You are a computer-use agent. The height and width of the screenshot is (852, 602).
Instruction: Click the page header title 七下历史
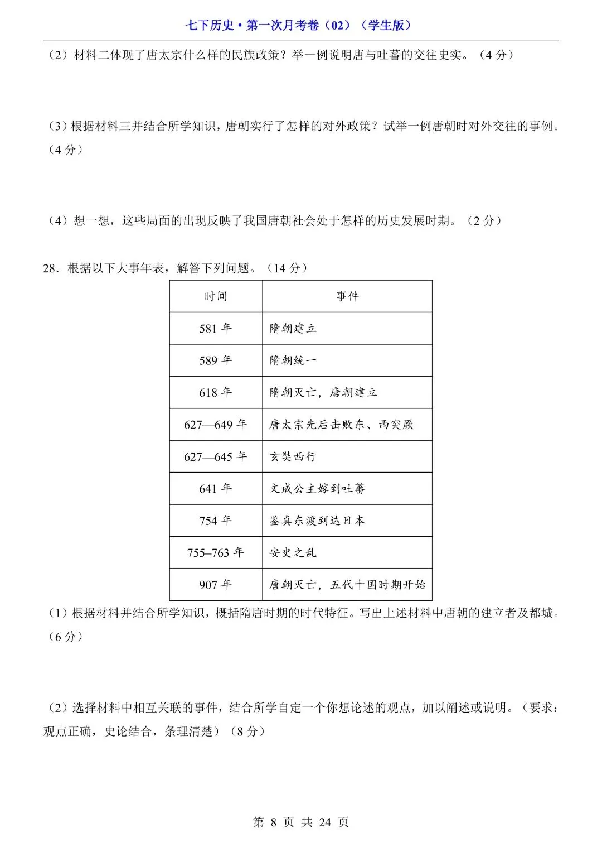click(x=300, y=25)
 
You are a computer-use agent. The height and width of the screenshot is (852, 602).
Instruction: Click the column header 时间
click(x=216, y=296)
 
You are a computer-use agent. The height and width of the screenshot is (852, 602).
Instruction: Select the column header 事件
click(x=347, y=296)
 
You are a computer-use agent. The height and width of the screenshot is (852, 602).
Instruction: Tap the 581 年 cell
click(x=216, y=328)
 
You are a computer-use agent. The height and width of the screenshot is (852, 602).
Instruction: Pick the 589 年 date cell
click(x=216, y=360)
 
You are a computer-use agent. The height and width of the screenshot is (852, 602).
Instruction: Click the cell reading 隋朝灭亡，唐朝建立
click(x=323, y=392)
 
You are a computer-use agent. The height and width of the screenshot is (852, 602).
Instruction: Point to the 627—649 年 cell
click(x=216, y=425)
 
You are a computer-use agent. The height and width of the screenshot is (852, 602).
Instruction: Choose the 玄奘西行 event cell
click(x=293, y=456)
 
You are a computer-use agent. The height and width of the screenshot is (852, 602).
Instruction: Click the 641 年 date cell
click(x=216, y=489)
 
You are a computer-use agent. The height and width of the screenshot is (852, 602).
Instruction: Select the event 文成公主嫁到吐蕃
click(x=317, y=489)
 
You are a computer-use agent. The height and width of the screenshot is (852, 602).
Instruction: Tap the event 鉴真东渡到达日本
click(x=317, y=521)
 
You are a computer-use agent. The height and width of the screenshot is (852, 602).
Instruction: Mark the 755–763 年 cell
click(x=216, y=553)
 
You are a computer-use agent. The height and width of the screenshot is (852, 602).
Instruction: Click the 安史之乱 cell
click(x=293, y=553)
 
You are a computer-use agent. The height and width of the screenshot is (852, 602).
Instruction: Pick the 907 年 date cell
click(x=216, y=585)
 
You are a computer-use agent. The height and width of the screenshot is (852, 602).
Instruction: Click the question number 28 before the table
click(x=51, y=268)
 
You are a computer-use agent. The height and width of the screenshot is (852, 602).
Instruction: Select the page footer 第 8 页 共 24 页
click(x=300, y=822)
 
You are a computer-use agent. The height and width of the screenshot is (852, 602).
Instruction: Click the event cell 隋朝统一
click(x=293, y=360)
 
